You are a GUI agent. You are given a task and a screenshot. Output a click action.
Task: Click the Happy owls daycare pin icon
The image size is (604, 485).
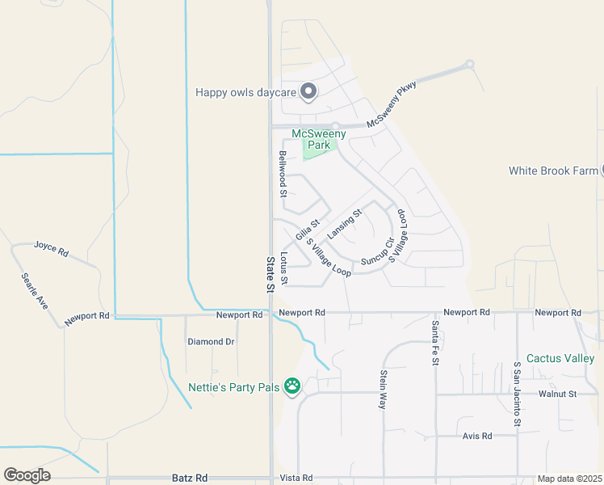point(308,92)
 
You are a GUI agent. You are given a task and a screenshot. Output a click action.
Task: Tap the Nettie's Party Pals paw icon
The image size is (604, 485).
point(292,387)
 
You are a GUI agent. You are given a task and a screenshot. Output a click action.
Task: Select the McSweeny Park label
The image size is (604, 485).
point(319,139)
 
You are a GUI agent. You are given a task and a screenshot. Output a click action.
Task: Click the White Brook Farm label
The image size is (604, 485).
point(553,171)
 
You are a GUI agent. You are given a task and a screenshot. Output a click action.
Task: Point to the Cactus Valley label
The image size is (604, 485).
point(560,358)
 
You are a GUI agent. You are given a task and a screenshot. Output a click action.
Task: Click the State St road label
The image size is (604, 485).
point(271,274)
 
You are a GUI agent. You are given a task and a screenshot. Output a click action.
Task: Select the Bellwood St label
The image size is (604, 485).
point(283,174)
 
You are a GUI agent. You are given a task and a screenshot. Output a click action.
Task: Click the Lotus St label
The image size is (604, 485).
point(283,267)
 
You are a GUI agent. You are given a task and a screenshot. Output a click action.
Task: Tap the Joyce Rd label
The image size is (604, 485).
point(51,247)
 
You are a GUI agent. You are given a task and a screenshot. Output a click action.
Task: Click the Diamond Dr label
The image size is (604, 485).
point(211,342)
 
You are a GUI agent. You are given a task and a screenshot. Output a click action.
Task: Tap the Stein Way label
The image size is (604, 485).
point(383,390)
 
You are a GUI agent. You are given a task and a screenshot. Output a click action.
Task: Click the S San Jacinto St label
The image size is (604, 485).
point(517,394)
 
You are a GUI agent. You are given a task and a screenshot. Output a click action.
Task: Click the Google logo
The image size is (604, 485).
point(27,475)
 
